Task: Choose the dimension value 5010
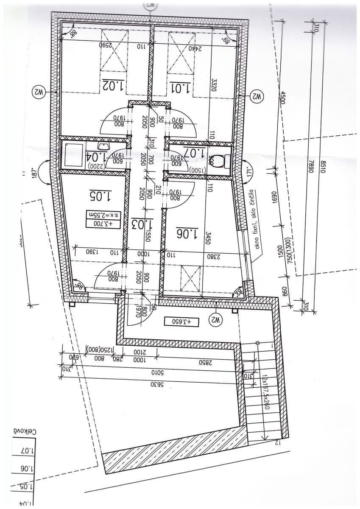[145, 373]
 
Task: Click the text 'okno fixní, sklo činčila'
[257, 224]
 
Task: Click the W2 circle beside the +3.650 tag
[215, 318]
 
